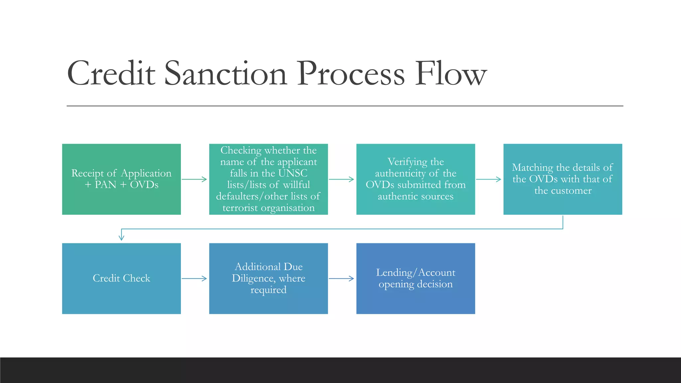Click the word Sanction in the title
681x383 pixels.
coord(225,74)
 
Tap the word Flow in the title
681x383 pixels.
coord(451,74)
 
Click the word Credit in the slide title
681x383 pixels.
coord(111,74)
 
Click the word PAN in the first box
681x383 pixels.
coord(105,185)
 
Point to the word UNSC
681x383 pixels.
coord(293,173)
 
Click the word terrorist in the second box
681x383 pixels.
coord(240,208)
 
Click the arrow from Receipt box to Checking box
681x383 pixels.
coord(194,179)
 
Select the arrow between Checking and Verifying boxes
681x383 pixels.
coord(341,179)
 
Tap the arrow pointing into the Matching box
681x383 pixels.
coord(488,179)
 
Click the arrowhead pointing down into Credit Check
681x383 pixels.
coord(121,237)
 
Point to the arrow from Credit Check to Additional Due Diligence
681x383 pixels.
coord(194,279)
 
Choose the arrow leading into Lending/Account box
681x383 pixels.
coord(341,279)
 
